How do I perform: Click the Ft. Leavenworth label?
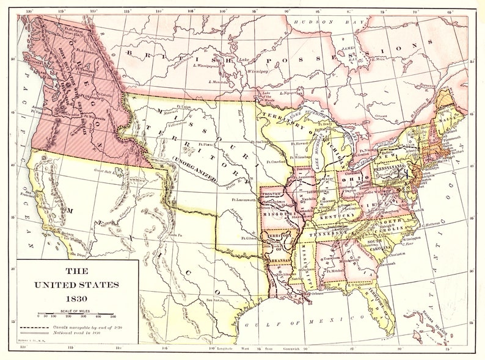244,200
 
